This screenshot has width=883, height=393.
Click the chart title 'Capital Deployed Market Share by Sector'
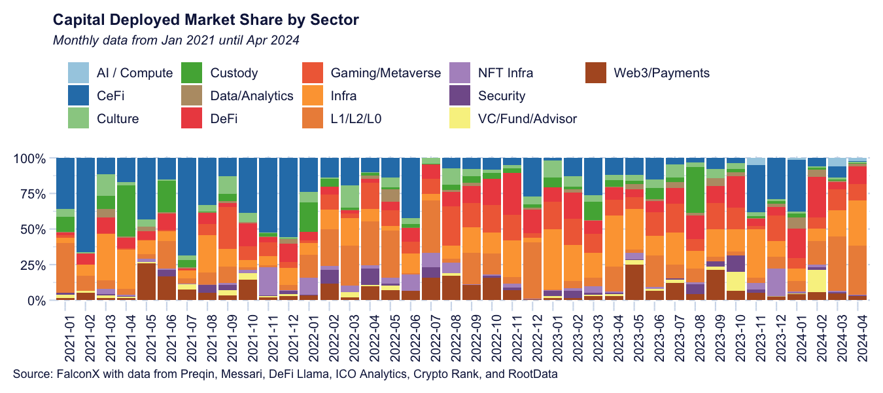(205, 20)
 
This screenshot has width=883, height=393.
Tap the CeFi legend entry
(111, 96)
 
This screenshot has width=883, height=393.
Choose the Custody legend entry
(234, 73)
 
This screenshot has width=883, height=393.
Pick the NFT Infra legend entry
(506, 73)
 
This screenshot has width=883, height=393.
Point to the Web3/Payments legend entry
(661, 73)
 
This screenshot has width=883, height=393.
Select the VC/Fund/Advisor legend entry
(527, 119)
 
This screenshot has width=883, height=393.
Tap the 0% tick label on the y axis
(37, 301)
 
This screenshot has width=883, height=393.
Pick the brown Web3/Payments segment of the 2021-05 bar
(147, 282)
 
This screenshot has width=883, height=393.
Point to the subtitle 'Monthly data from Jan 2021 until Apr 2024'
(176, 41)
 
